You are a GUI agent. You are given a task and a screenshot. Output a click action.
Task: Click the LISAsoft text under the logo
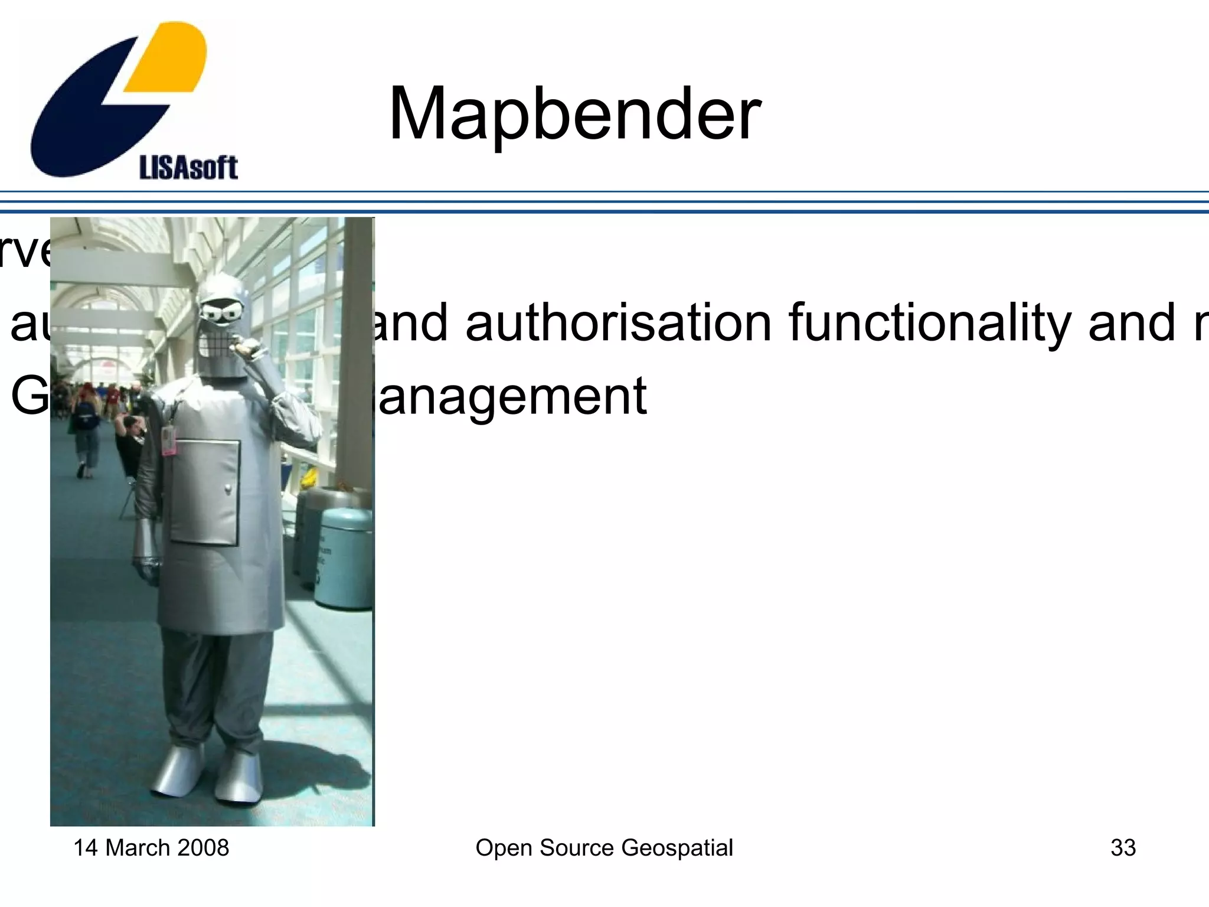tap(188, 168)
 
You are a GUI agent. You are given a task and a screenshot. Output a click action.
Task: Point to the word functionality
tap(929, 324)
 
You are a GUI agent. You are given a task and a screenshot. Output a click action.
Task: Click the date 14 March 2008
tap(151, 847)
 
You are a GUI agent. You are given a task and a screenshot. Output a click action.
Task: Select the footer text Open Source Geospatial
tap(604, 847)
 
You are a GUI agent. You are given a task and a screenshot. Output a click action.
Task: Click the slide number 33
tap(1123, 847)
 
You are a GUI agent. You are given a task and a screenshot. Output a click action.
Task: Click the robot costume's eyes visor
tap(222, 312)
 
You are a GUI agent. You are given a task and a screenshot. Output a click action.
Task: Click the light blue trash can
tap(344, 557)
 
